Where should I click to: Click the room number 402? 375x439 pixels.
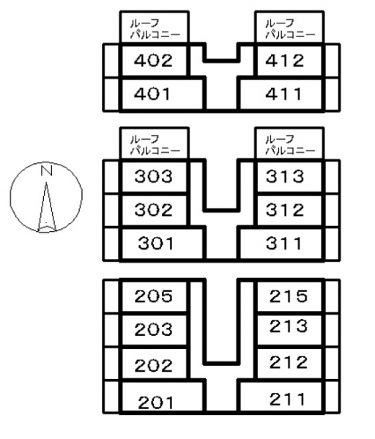tap(153, 61)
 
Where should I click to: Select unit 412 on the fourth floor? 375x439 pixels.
tap(284, 61)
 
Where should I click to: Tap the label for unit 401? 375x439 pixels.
tap(152, 94)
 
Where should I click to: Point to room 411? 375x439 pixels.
tap(283, 94)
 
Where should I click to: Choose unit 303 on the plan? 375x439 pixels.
tap(154, 176)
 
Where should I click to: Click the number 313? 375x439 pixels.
tap(285, 176)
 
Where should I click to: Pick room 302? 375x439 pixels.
tap(154, 210)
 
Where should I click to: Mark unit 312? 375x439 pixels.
tap(285, 210)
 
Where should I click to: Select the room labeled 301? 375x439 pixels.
tap(156, 243)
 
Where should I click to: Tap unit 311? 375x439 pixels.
tap(284, 243)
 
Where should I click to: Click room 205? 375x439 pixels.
tap(154, 296)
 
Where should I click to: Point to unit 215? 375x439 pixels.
tap(289, 296)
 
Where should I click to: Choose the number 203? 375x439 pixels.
tap(154, 329)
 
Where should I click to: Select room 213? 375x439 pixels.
tap(289, 326)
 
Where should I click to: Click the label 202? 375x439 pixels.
tap(154, 366)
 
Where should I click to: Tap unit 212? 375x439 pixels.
tap(289, 362)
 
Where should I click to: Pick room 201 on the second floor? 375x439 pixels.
tap(156, 402)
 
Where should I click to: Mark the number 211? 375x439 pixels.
tap(287, 399)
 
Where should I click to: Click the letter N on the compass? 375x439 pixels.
tap(47, 170)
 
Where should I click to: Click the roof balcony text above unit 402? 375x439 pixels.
tap(155, 29)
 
